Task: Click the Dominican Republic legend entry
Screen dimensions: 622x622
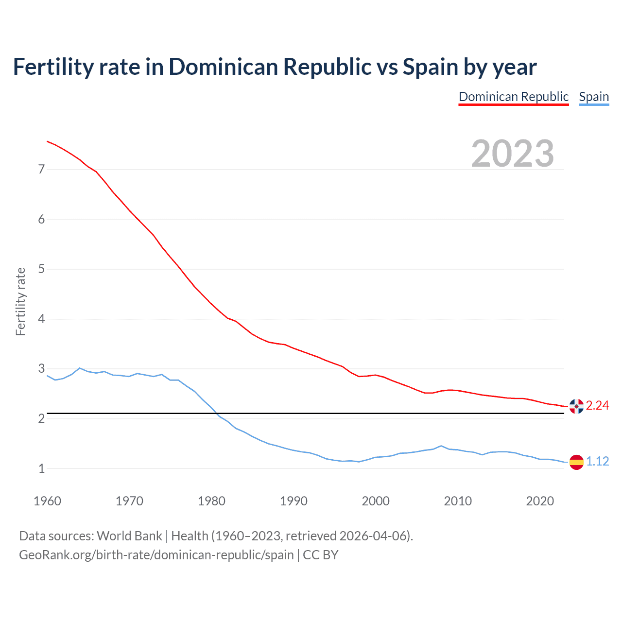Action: [x=513, y=97]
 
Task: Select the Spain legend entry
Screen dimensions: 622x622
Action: [x=594, y=97]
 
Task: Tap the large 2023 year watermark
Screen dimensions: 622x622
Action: [x=513, y=154]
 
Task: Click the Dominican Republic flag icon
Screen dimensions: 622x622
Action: [x=576, y=406]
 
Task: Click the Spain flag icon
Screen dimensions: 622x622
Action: [x=576, y=462]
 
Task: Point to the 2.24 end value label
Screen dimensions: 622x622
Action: [x=597, y=406]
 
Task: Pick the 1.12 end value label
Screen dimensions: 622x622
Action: [x=597, y=462]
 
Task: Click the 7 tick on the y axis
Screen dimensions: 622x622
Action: [x=41, y=170]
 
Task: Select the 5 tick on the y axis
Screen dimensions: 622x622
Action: [x=41, y=269]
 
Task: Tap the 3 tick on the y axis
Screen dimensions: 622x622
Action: [x=41, y=369]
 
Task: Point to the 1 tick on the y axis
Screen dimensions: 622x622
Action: [x=41, y=469]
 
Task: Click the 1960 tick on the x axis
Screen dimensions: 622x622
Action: [x=47, y=501]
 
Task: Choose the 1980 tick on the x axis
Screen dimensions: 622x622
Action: [x=211, y=501]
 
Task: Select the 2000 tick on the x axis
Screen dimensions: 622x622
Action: [x=376, y=501]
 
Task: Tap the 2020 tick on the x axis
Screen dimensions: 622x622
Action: [x=540, y=501]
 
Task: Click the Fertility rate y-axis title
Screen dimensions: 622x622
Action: [x=20, y=301]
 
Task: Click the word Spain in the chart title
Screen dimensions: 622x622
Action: [x=430, y=67]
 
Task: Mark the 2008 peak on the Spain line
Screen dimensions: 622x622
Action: [x=441, y=446]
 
